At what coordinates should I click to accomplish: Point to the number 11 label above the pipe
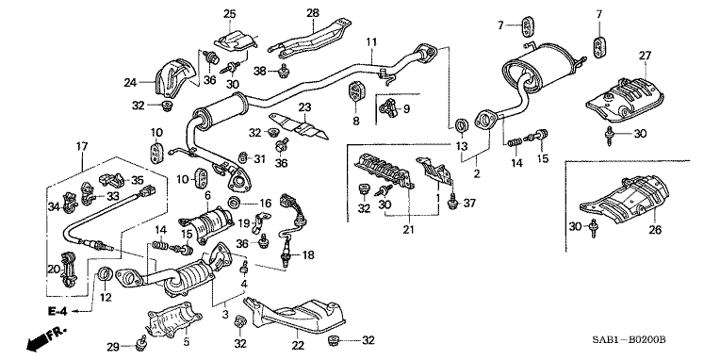coord(371,41)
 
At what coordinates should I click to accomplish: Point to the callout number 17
coord(82,145)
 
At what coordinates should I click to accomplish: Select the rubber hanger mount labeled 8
coord(356,98)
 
